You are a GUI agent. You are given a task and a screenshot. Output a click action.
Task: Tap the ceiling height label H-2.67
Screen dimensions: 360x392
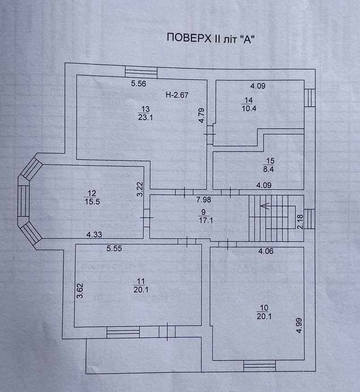click(177, 95)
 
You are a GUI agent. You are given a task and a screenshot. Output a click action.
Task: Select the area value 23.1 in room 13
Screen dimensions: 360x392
click(145, 117)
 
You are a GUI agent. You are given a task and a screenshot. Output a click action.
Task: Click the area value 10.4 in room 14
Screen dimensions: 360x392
click(249, 108)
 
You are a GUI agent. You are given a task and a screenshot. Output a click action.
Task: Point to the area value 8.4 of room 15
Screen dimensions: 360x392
click(268, 169)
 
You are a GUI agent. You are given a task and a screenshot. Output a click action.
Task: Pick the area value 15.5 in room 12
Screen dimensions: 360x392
click(92, 202)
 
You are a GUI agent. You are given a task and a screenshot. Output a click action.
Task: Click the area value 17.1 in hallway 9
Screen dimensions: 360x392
click(206, 220)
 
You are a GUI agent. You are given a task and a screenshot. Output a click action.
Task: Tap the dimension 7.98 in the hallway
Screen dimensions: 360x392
click(204, 200)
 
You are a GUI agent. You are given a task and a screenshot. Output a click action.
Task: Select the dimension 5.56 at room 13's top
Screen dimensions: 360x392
click(139, 83)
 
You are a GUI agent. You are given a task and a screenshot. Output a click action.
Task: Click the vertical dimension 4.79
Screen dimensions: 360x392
click(201, 116)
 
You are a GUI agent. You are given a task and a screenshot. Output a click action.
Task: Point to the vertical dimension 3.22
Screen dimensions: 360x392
click(140, 189)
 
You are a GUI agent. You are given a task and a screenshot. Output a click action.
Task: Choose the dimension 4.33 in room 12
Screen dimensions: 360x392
click(94, 234)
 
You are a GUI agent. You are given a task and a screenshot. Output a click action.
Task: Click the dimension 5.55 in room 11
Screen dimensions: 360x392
click(114, 248)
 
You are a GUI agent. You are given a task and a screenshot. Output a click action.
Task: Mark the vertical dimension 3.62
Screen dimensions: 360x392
click(80, 291)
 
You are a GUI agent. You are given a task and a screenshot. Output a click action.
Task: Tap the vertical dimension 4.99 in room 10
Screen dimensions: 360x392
click(299, 326)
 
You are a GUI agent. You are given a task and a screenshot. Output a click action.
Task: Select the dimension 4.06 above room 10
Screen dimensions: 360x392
click(266, 251)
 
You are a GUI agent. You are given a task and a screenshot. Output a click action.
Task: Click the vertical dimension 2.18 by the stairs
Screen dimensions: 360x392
click(300, 222)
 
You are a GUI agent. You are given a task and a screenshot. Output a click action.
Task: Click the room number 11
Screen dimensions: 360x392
click(141, 281)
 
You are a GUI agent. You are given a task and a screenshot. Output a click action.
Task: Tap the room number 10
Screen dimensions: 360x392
click(264, 308)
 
